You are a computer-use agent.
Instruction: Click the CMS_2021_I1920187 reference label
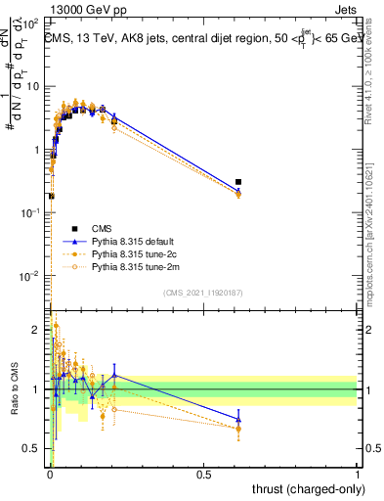202,293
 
